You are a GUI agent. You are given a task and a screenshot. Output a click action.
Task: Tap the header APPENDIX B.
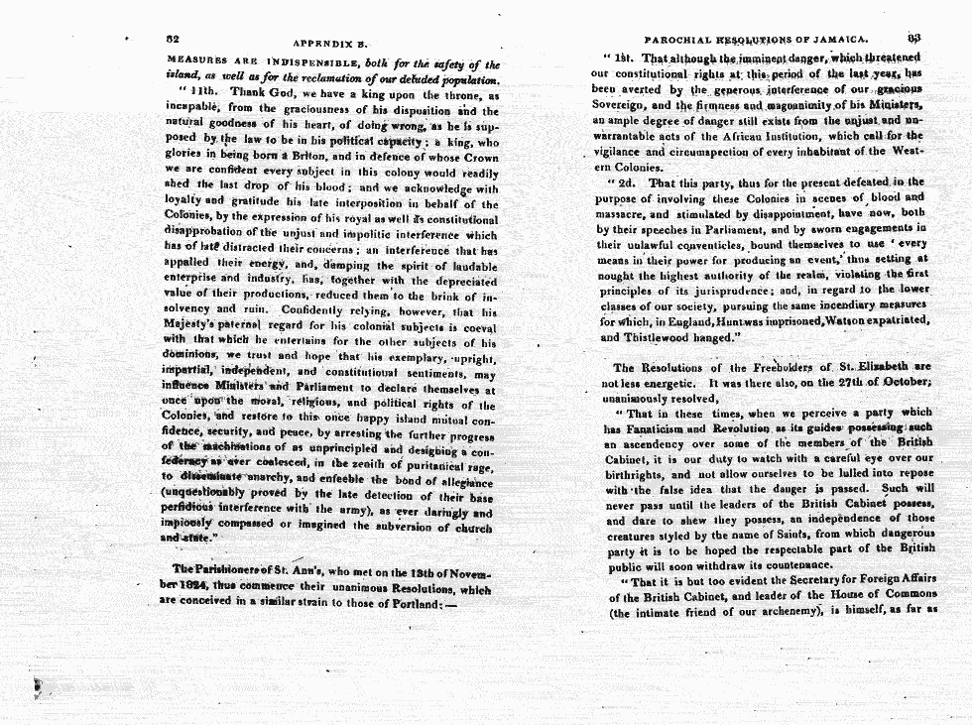click(330, 44)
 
